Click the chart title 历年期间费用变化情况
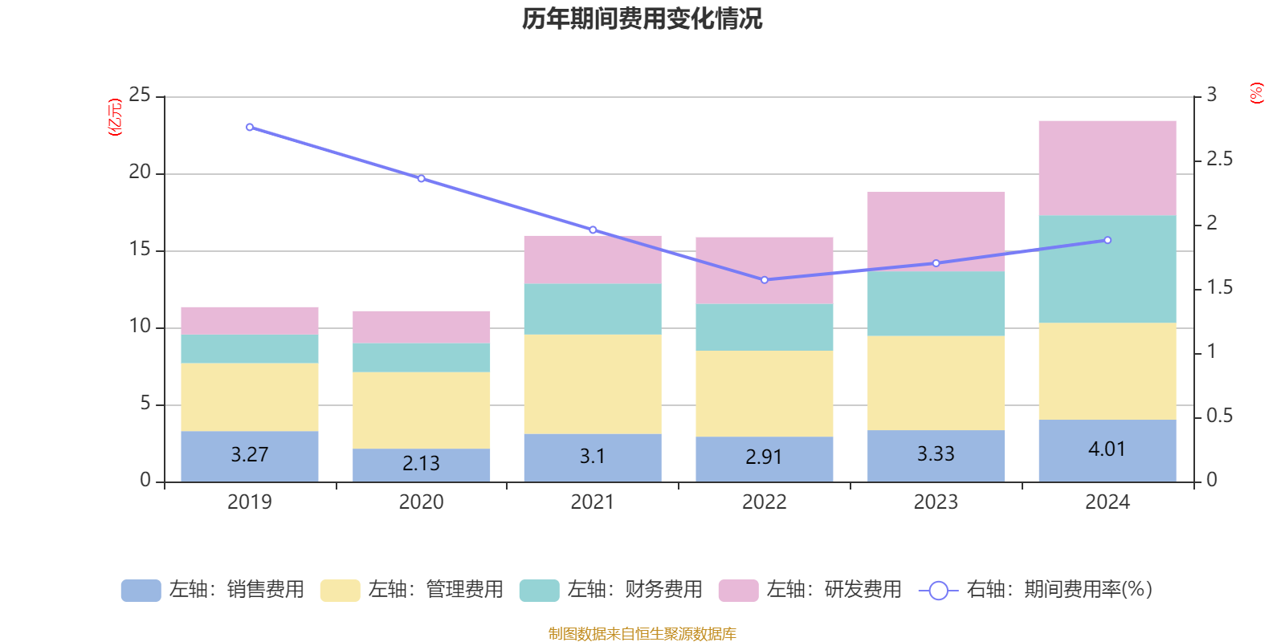click(x=642, y=18)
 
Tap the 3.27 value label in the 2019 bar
click(x=250, y=454)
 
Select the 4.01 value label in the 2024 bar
click(x=1107, y=449)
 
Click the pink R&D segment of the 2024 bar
click(x=1107, y=168)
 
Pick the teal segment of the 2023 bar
click(x=936, y=303)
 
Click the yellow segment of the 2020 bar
click(x=421, y=410)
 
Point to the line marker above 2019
click(x=250, y=128)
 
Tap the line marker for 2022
click(x=765, y=280)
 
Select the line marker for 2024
click(x=1108, y=240)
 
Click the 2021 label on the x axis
click(x=593, y=502)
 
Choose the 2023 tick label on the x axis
click(x=936, y=502)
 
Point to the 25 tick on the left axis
click(x=140, y=95)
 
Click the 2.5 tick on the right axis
click(x=1219, y=160)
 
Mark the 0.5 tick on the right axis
click(x=1219, y=416)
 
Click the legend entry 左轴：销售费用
click(x=213, y=590)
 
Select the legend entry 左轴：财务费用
click(x=611, y=590)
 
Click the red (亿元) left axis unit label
click(x=116, y=117)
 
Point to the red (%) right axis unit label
click(x=1257, y=93)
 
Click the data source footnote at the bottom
click(x=642, y=634)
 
